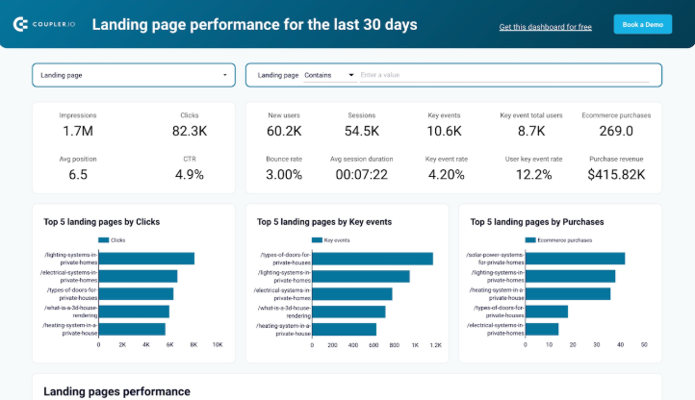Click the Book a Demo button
(642, 24)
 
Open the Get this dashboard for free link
(545, 27)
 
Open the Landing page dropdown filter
(135, 74)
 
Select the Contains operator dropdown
(329, 74)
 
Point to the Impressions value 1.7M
(78, 131)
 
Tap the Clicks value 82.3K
(190, 131)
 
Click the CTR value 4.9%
(190, 174)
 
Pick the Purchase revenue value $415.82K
(616, 174)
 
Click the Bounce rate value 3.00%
(284, 174)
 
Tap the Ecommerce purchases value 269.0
(616, 131)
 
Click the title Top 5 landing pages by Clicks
(101, 221)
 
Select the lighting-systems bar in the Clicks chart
(146, 258)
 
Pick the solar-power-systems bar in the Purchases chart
(575, 258)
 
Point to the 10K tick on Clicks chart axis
(218, 344)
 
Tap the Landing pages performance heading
(116, 391)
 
